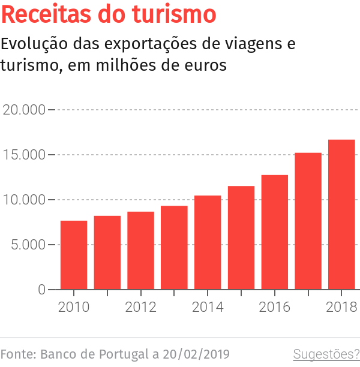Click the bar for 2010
point(74,255)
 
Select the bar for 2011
point(107,252)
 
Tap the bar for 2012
point(140,251)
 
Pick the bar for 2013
point(174,248)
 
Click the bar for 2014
point(208,242)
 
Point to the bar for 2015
point(241,237)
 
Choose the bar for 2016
point(274,232)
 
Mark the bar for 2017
point(308,221)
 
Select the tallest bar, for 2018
point(341,215)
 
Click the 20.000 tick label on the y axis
point(24,110)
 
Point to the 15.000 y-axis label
point(24,155)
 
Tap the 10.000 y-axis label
point(24,200)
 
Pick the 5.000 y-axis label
point(28,245)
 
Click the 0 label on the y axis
point(41,290)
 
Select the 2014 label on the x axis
point(208,307)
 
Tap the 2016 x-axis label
point(274,307)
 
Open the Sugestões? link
point(326,354)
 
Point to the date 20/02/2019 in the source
point(194,354)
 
